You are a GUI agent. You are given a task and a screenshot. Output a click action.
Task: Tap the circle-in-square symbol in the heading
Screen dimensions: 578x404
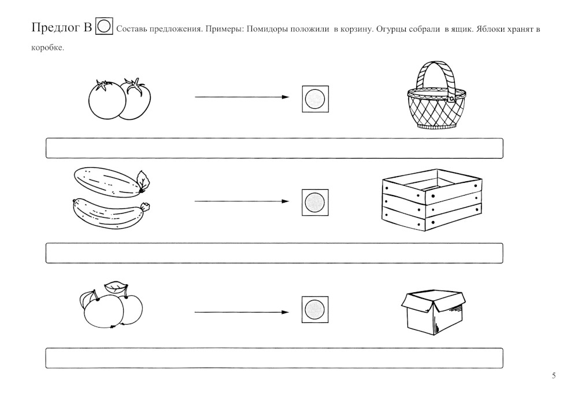104,26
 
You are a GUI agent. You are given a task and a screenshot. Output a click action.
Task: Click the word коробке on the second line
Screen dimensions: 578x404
47,48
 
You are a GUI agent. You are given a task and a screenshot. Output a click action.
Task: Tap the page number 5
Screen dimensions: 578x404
554,376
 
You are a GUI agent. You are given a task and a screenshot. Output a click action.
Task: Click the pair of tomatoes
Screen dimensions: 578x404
120,99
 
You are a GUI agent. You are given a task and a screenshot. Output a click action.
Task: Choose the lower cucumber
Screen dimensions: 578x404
112,214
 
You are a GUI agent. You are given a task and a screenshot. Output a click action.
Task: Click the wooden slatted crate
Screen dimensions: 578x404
432,200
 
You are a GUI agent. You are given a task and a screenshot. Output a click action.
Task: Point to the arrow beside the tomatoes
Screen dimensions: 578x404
242,97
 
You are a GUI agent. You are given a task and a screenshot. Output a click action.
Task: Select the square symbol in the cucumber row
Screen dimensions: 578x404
315,203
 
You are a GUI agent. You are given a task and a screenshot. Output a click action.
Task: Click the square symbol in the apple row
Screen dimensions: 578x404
315,310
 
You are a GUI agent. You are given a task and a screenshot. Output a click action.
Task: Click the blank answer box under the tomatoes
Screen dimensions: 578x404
274,148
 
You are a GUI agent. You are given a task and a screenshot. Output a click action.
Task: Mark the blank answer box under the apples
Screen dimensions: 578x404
274,358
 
